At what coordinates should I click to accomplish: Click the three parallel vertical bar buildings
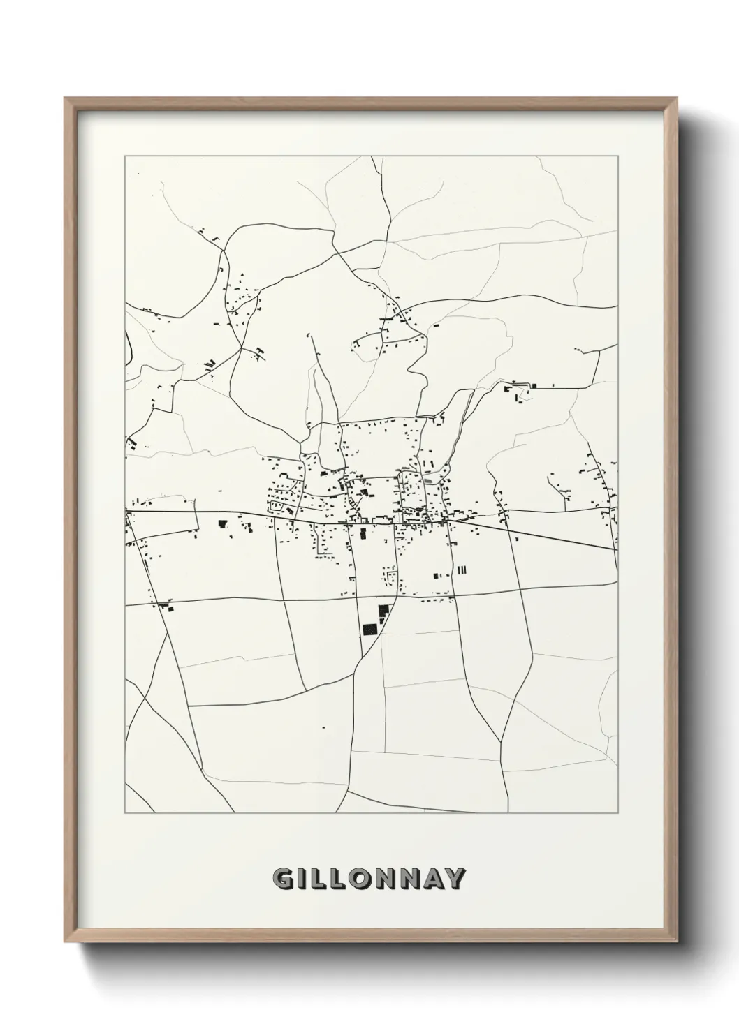tap(460, 570)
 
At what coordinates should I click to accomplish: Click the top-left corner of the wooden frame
tap(66, 98)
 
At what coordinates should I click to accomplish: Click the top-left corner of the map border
tap(125, 156)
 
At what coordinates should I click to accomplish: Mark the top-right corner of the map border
tap(618, 156)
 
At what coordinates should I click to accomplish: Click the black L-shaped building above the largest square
tap(382, 612)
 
